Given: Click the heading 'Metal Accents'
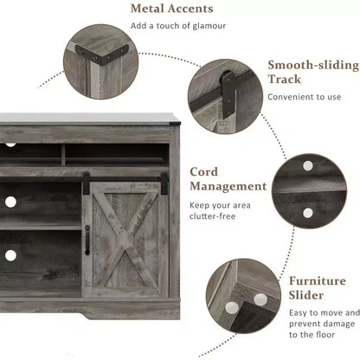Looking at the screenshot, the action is tap(172, 9).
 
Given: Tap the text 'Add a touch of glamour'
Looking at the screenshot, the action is tap(178, 26).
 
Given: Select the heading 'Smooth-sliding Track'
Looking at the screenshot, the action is tap(313, 72).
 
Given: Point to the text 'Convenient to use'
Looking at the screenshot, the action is tap(305, 97).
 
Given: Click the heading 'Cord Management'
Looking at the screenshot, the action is tap(228, 179).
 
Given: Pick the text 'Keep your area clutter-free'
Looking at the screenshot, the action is tap(220, 211).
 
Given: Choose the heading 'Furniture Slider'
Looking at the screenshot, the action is tap(318, 288).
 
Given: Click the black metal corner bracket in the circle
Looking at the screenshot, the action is tap(101, 56).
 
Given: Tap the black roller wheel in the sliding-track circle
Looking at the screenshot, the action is tap(228, 78).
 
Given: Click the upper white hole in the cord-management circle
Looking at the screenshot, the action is tap(308, 165).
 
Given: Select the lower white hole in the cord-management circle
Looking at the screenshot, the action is tap(308, 213).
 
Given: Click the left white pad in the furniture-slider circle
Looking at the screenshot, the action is tap(232, 308).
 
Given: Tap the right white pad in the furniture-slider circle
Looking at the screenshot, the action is tap(260, 299).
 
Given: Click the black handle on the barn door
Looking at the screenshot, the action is tap(87, 241).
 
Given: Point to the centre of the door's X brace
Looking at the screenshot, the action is tap(125, 240).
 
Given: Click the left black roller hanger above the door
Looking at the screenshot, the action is tap(86, 183).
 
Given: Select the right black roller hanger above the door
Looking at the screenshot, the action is tap(164, 183).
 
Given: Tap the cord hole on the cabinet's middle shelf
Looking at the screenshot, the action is tap(10, 202).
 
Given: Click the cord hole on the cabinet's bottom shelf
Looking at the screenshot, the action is tap(10, 255).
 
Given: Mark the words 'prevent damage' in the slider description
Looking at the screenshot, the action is tap(322, 324).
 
